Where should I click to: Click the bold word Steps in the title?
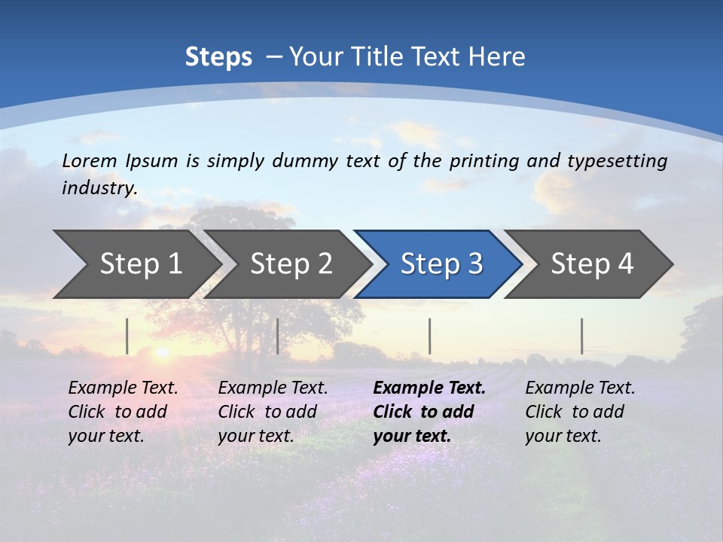click(218, 57)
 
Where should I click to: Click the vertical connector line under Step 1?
click(127, 336)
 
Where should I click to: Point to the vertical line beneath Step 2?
click(278, 336)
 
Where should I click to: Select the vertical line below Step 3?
click(429, 336)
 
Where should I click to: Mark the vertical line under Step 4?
click(581, 336)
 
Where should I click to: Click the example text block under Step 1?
click(123, 412)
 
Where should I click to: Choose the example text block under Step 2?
click(273, 412)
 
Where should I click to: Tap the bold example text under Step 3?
click(429, 412)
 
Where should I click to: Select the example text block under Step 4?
click(580, 412)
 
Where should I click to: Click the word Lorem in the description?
click(90, 160)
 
